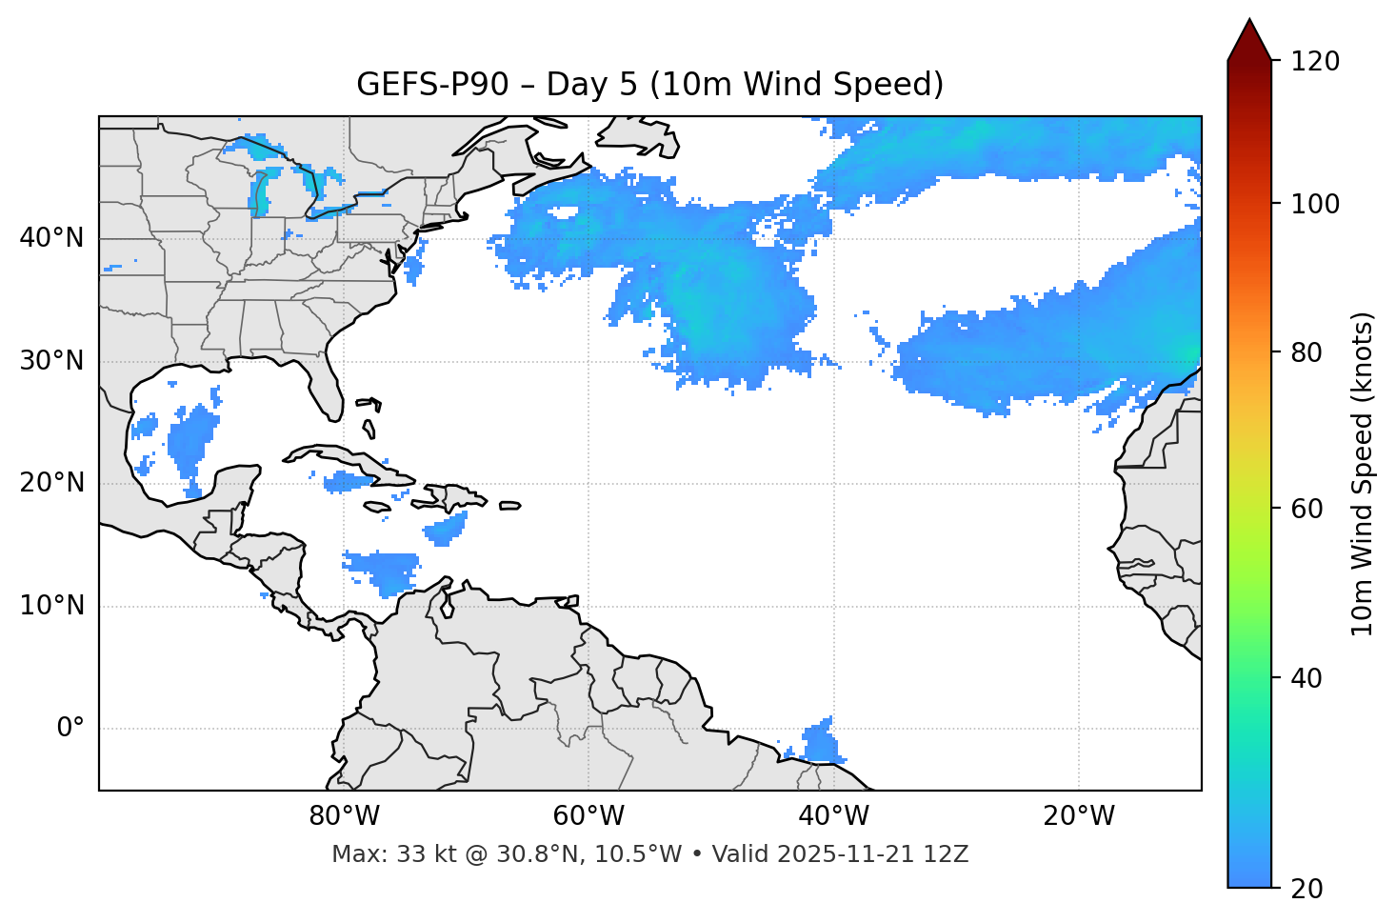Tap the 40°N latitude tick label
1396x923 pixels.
pos(51,238)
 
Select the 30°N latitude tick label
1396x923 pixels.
pos(51,361)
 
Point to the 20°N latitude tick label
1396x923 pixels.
pos(51,483)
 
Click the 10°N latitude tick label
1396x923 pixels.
pos(51,606)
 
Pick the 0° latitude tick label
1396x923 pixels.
pos(70,729)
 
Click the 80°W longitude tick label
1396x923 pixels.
pos(344,816)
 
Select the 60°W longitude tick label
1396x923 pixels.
pos(588,816)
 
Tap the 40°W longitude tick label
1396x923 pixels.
pos(833,816)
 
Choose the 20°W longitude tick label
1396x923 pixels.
pos(1078,816)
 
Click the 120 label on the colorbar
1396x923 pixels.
pos(1315,62)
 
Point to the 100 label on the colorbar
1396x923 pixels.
pos(1315,204)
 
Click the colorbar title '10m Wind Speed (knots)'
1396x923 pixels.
pos(1363,473)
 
